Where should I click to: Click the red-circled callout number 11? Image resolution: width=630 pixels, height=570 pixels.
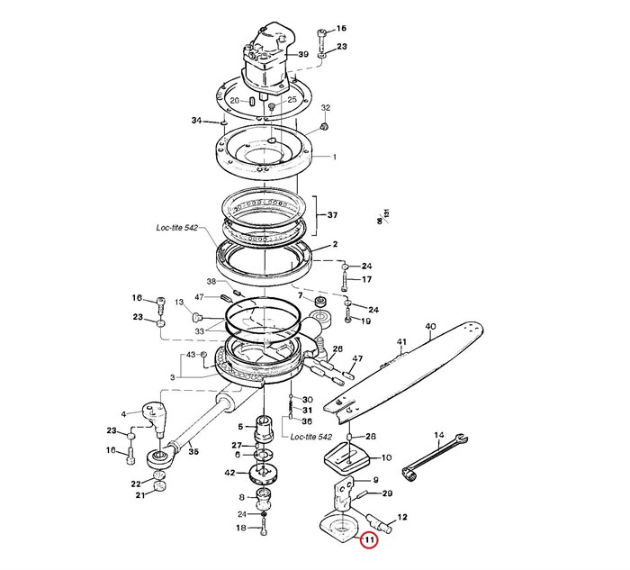[367, 540]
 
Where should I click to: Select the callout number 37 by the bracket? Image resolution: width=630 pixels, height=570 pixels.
[333, 215]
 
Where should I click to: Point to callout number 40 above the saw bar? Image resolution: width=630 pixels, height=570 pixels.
[430, 326]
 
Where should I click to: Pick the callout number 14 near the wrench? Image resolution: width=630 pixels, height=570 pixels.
[439, 437]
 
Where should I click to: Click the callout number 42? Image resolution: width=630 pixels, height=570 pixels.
[230, 473]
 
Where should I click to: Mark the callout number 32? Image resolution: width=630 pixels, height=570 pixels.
[326, 108]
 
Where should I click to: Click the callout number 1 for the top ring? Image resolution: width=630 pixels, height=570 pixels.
[334, 157]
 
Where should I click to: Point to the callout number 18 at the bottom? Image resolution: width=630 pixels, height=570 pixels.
[240, 528]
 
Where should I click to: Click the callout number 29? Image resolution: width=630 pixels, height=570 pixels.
[388, 494]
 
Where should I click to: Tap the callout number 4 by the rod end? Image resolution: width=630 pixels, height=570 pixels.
[125, 413]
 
